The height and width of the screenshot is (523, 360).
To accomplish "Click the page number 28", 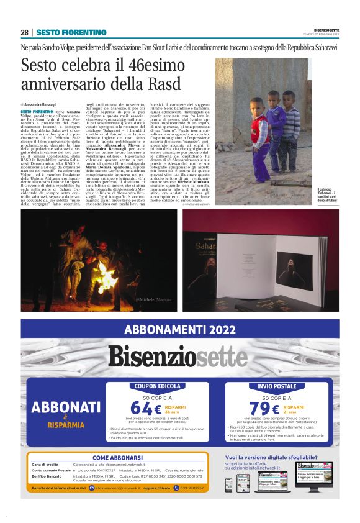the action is (24, 32).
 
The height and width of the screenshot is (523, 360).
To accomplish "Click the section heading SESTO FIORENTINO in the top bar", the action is (71, 32).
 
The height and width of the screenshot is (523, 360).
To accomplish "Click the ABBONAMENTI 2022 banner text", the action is (180, 330).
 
